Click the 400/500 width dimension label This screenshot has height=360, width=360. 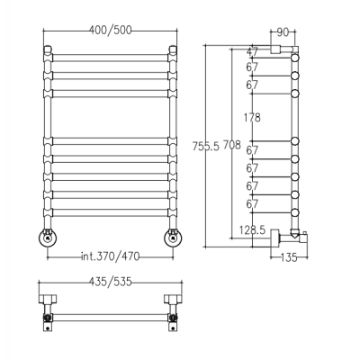point(111,30)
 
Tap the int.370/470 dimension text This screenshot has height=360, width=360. point(111,256)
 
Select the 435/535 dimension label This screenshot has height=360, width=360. point(111,282)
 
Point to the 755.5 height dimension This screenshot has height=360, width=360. point(206,146)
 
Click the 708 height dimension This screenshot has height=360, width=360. point(232,145)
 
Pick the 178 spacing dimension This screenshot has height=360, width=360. point(252,117)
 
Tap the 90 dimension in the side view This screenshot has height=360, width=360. point(283,32)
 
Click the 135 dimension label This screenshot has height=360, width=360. point(289,257)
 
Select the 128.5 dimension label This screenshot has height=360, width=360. point(252,230)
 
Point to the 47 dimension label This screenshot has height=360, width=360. point(252,51)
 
